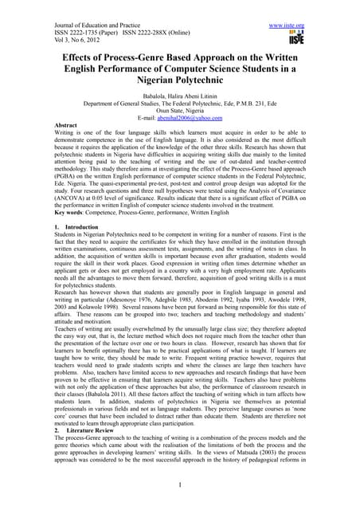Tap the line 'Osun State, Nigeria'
click(x=181, y=118)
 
